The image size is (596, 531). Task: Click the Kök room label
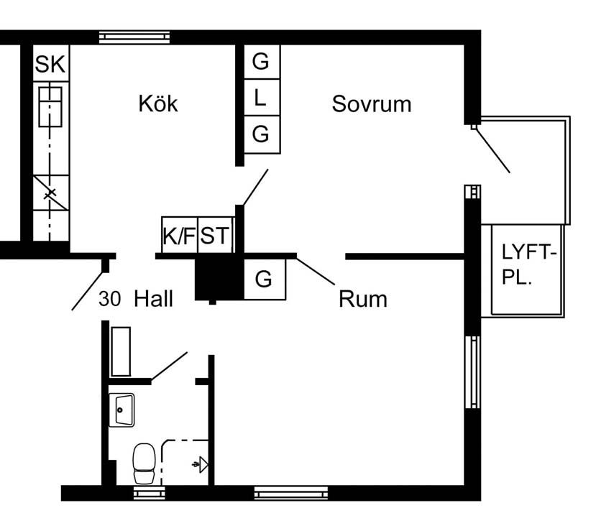[x=158, y=103]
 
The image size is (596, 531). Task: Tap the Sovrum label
[x=371, y=103]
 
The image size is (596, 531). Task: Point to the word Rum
[x=362, y=298]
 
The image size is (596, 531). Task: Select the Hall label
[x=154, y=299]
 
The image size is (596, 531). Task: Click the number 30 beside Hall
[x=109, y=299]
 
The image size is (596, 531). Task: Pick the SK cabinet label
[x=50, y=65]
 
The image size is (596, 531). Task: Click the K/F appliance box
[x=179, y=236]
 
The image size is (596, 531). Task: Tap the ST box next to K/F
[x=216, y=236]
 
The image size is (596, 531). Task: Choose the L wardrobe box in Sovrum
[x=260, y=98]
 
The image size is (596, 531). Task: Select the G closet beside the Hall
[x=264, y=279]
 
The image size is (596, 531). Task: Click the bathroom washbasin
[x=122, y=410]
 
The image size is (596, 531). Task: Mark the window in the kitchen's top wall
[x=134, y=37]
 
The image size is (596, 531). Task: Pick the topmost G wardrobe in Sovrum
[x=260, y=62]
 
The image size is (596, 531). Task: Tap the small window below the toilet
[x=149, y=493]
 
